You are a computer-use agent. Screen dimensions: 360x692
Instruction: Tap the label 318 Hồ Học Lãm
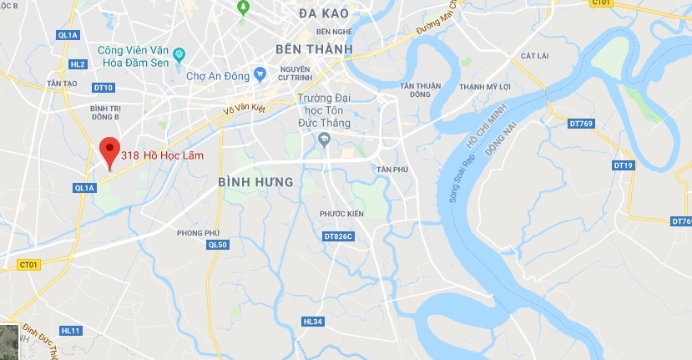click(x=162, y=155)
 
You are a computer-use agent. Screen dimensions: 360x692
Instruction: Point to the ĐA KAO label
click(x=322, y=13)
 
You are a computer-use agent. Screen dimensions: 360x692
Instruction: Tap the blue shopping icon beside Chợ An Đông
click(x=260, y=75)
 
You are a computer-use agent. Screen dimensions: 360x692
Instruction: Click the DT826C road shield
click(x=338, y=236)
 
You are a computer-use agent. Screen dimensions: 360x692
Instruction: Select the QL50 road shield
click(x=216, y=244)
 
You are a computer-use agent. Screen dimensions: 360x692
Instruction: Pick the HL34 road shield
click(x=312, y=322)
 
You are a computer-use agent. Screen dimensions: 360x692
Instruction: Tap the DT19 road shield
click(x=623, y=165)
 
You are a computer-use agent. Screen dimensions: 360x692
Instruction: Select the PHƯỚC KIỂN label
click(x=342, y=214)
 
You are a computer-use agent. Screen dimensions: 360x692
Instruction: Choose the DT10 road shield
click(x=103, y=88)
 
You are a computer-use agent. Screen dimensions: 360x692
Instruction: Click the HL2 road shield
click(x=78, y=63)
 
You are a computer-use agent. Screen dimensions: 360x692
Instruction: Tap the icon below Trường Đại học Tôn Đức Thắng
click(x=326, y=139)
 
